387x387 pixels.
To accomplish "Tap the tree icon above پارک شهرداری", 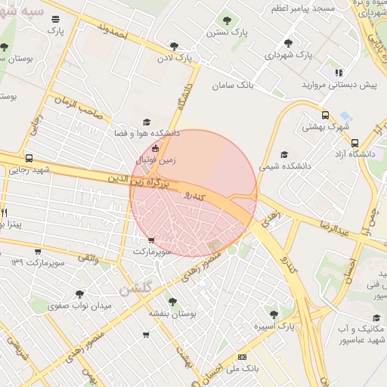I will coord(288,43).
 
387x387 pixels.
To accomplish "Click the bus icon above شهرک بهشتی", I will coord(325,116).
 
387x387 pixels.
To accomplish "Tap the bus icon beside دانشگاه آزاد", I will coord(355,142).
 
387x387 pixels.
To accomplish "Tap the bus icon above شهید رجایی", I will coord(29,159).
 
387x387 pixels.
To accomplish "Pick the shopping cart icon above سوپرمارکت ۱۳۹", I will coord(38,251).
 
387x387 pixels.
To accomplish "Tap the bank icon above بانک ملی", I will coord(242,357).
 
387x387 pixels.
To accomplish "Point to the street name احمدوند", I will coord(116,32).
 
